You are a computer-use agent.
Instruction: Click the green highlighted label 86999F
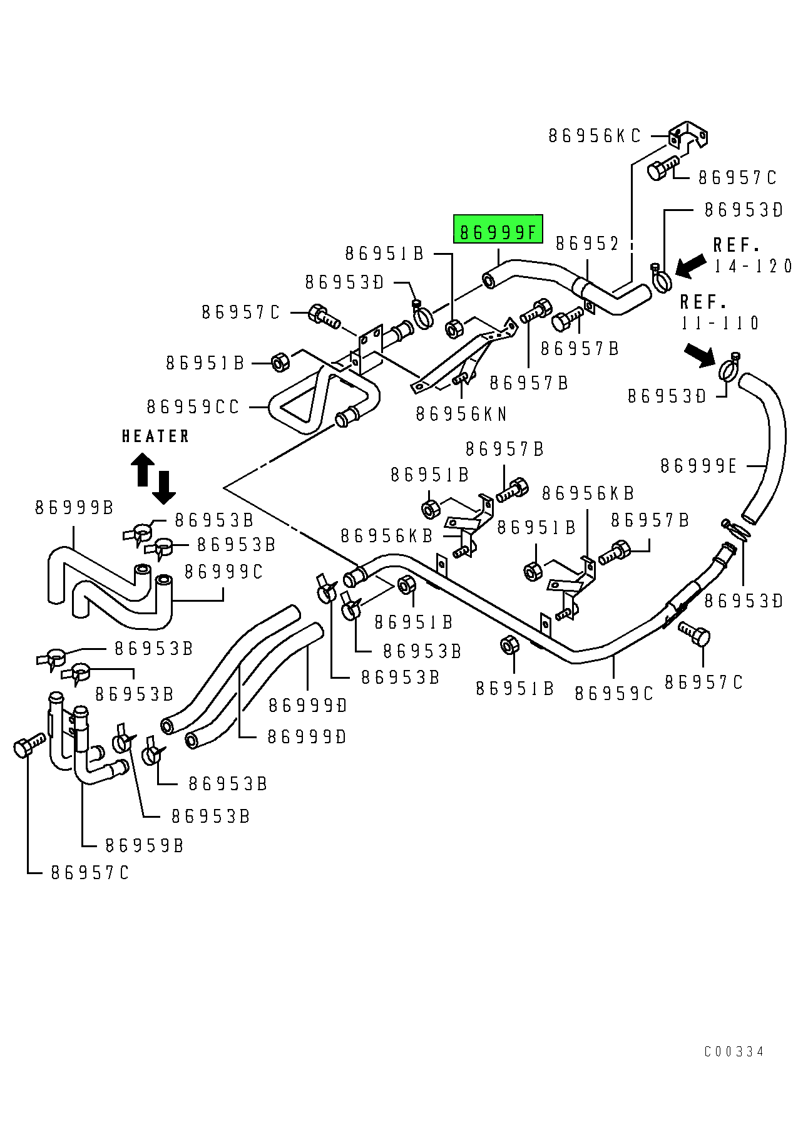(498, 232)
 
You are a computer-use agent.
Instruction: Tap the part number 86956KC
(595, 136)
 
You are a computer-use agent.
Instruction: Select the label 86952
(587, 243)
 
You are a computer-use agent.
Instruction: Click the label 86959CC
(193, 408)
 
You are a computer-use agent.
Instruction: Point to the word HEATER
(155, 436)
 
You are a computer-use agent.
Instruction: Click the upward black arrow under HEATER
(142, 470)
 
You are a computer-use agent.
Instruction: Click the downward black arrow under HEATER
(164, 488)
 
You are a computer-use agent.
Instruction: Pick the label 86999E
(699, 466)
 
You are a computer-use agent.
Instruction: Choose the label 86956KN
(461, 414)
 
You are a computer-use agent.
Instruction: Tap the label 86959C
(613, 693)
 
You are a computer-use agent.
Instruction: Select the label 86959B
(144, 846)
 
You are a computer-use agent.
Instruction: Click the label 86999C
(223, 572)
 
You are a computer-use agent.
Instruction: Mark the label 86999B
(74, 507)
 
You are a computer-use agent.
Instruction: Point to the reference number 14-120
(754, 266)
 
